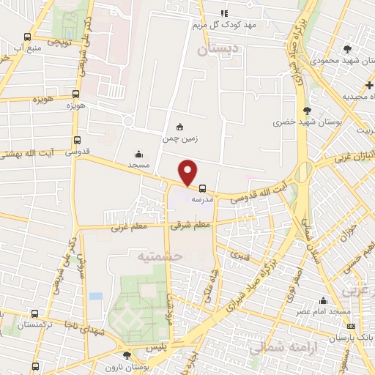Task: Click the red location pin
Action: pyautogui.click(x=189, y=171)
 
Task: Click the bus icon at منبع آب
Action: pyautogui.click(x=27, y=37)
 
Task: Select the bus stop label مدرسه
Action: pyautogui.click(x=201, y=198)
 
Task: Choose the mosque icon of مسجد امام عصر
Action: pyautogui.click(x=323, y=300)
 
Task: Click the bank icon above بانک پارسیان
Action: pyautogui.click(x=351, y=327)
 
